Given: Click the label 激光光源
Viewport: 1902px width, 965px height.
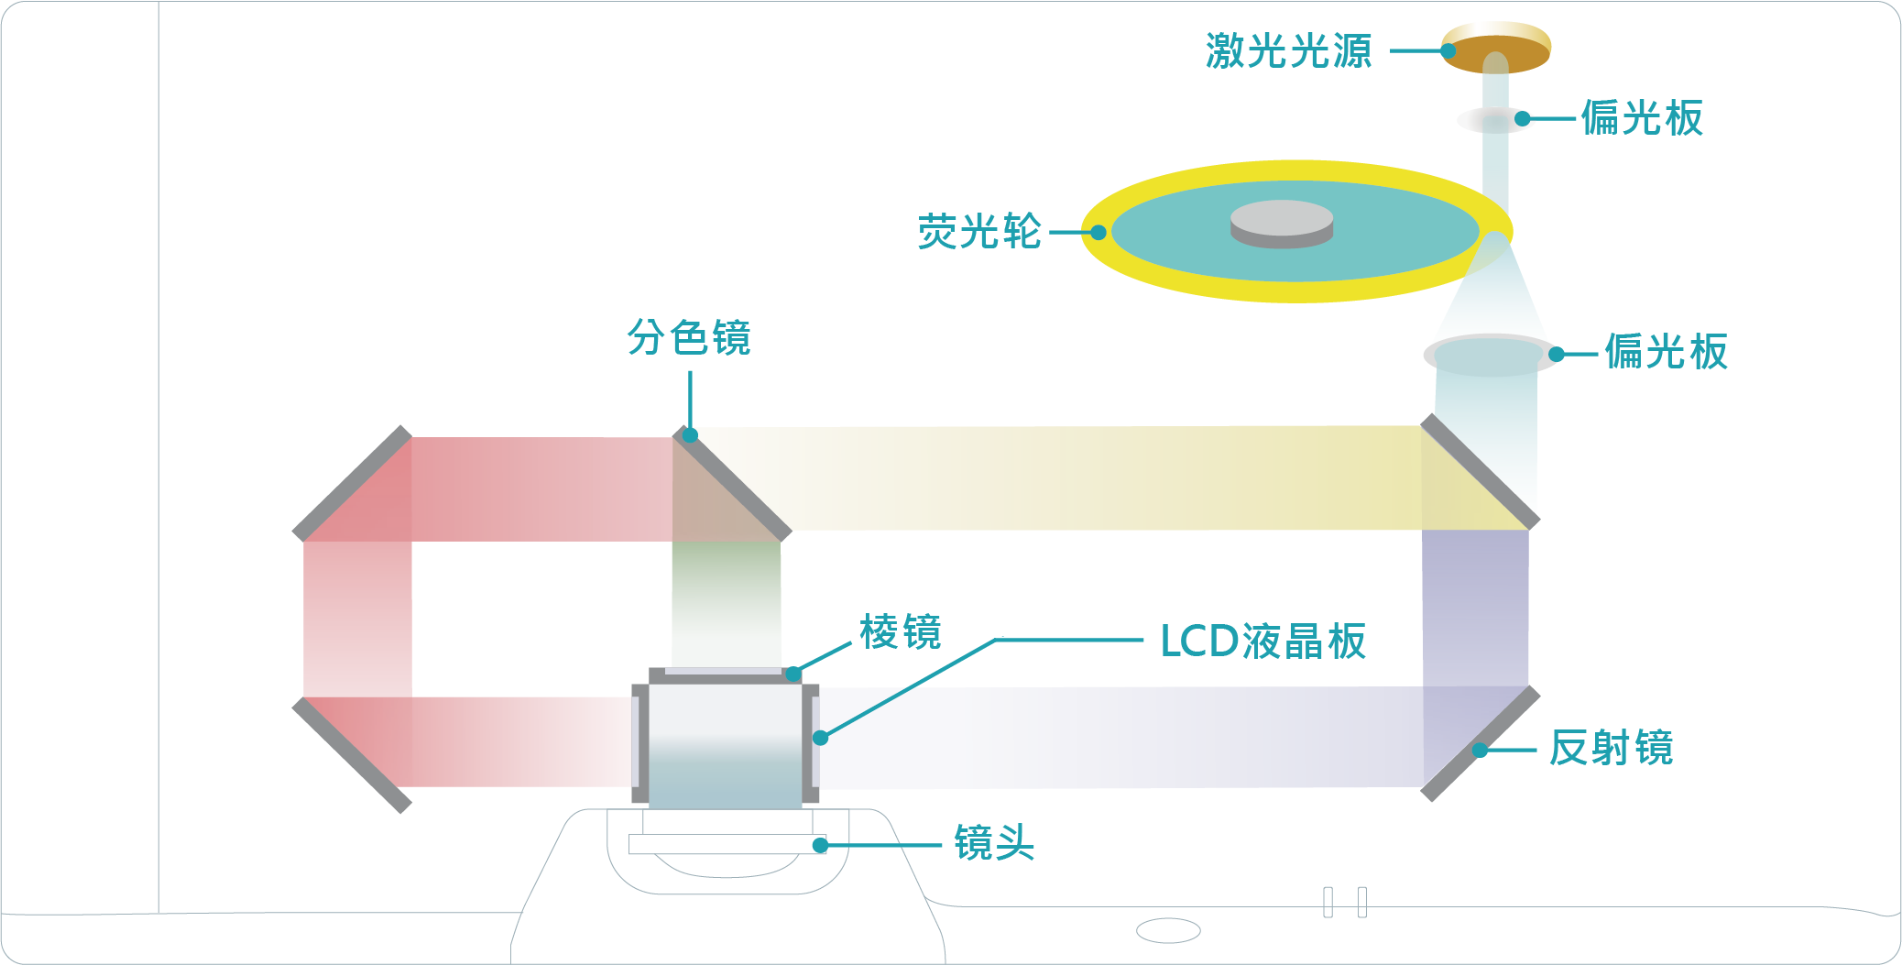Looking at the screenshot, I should tap(1288, 50).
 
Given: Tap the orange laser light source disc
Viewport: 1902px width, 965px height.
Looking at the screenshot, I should tap(1495, 46).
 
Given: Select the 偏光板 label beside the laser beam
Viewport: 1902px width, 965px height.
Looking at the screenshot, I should tap(1642, 118).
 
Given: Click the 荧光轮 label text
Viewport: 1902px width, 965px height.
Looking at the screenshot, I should tap(979, 232).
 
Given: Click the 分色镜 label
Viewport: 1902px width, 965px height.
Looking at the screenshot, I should tap(689, 337).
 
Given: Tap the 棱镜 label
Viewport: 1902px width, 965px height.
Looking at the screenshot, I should tap(901, 632).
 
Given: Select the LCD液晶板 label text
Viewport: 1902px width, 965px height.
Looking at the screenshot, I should tap(1263, 641).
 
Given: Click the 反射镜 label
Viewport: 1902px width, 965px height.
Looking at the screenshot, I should tap(1612, 748).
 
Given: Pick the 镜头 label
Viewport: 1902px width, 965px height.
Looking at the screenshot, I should tap(994, 842).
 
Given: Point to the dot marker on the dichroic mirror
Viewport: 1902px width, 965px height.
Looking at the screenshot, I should tap(691, 435).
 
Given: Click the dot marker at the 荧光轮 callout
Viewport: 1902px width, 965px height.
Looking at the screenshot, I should tap(1098, 233).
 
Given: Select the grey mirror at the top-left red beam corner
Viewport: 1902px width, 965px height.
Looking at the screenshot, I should tap(352, 483).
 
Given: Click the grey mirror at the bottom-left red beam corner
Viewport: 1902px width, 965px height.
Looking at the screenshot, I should tap(351, 754).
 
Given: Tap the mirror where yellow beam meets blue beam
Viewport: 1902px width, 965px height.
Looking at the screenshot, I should tap(1480, 471).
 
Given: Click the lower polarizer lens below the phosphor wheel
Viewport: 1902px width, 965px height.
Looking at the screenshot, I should tap(1490, 355).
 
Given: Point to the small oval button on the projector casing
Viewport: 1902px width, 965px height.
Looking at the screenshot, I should tap(1168, 931).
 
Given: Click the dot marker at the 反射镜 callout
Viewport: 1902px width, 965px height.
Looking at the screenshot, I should tap(1480, 751).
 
